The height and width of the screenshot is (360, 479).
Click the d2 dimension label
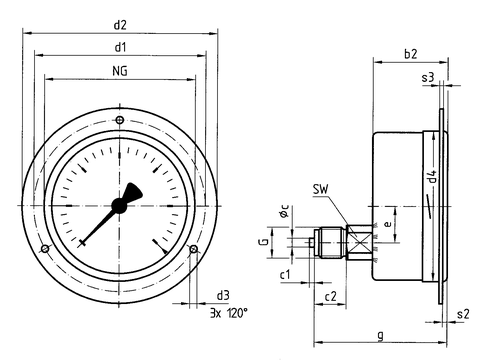(120, 25)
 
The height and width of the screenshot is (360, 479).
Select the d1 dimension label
(120, 47)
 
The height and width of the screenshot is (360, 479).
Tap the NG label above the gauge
(120, 71)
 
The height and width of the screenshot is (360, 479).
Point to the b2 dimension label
(411, 54)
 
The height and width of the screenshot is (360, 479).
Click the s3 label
(428, 78)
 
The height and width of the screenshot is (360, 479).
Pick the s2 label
(463, 314)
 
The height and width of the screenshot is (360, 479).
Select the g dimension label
(381, 335)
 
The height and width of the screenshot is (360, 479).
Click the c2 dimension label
(331, 296)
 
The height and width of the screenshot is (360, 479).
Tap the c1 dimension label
(285, 275)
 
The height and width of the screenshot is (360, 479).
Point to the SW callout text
(321, 189)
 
